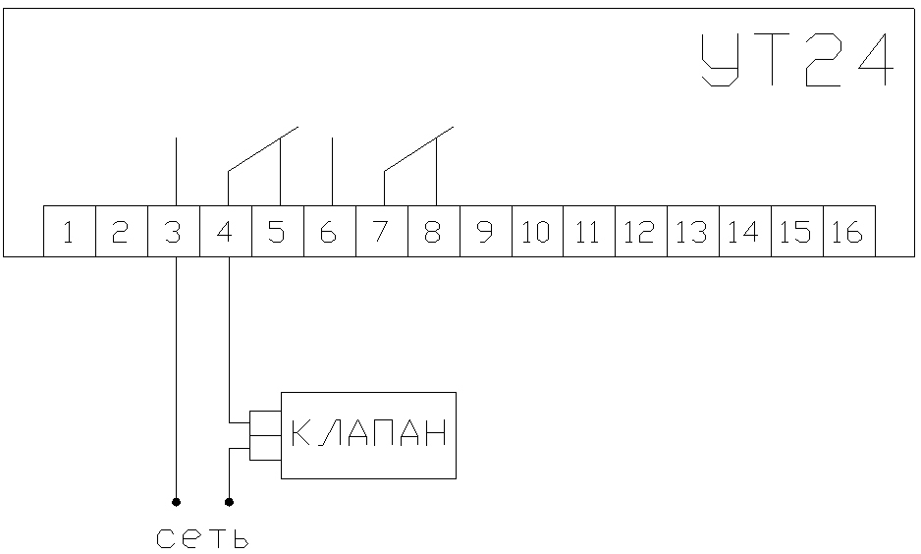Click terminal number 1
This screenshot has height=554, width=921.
70,232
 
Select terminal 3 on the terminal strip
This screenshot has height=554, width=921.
174,232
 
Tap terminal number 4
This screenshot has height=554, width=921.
226,232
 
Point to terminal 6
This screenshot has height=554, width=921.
330,232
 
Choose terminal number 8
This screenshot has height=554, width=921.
433,232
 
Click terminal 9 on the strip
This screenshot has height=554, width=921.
486,232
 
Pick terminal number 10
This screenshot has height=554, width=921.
537,232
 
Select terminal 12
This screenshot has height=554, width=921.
641,232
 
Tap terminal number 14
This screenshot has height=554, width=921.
745,232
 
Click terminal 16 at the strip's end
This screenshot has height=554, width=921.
848,232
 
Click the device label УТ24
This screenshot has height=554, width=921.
797,59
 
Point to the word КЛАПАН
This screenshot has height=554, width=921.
369,433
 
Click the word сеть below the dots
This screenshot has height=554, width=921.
202,538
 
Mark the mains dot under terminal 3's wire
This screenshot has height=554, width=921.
176,502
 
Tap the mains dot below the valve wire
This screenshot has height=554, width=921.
229,502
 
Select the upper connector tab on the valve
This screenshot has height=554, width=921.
265,423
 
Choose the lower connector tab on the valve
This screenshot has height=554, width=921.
265,448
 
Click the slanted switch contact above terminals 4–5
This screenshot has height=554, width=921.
263,148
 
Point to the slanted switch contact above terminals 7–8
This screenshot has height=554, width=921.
419,148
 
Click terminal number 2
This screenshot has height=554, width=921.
122,232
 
